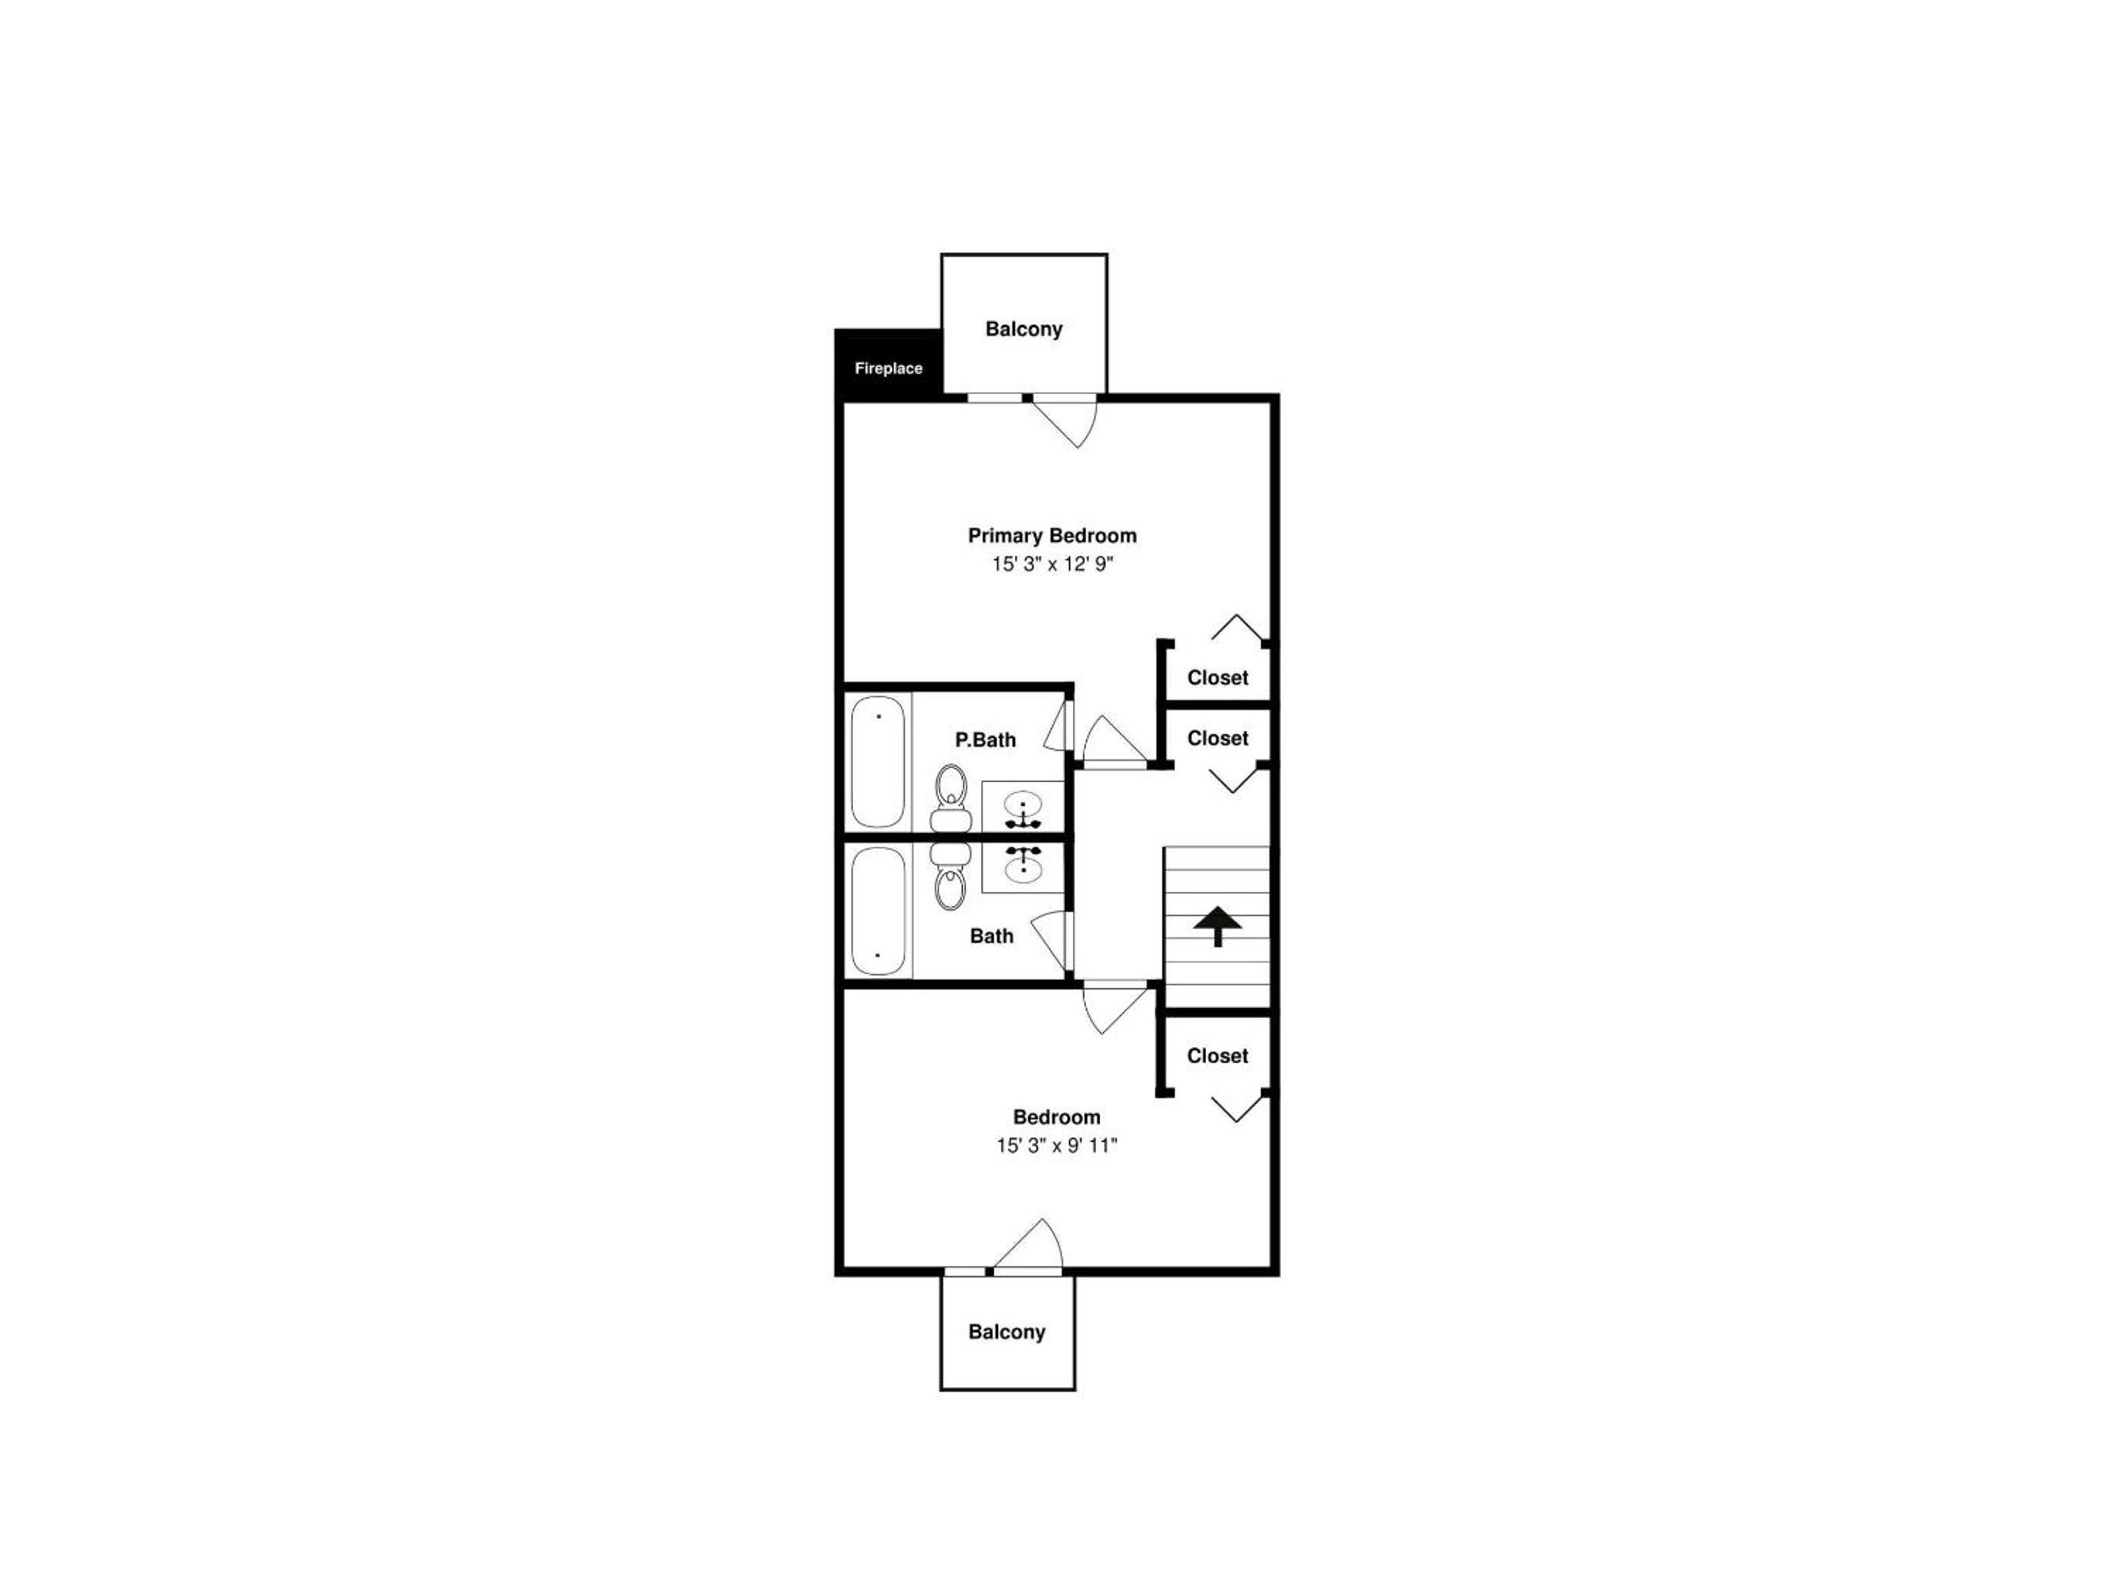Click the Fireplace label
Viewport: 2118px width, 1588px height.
888,368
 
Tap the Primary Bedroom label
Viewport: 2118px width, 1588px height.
1052,536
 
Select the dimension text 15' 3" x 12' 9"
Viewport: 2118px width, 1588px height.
1052,565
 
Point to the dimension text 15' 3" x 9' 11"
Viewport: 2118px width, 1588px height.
1057,1145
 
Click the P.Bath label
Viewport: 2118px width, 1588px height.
985,740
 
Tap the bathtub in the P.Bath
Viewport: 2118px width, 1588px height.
878,762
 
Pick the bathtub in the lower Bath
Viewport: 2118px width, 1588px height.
878,911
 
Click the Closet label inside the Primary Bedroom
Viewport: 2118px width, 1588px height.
1218,678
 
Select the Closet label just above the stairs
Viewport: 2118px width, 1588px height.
1218,739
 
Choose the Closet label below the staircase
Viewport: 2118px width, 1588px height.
1218,1056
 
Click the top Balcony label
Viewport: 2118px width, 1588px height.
1024,329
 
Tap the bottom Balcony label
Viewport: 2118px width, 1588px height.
1006,1332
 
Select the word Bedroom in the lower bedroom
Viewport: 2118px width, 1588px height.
1057,1117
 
